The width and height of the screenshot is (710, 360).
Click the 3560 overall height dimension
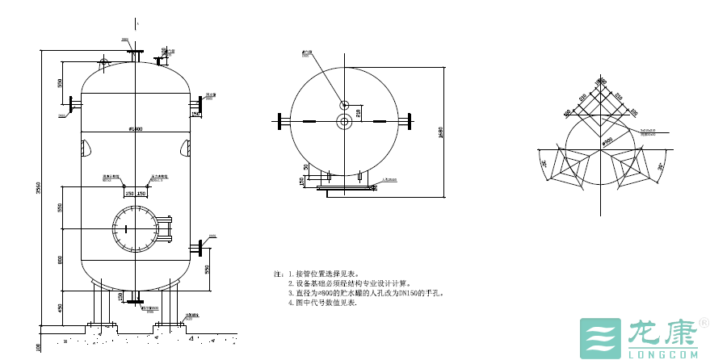pos(37,187)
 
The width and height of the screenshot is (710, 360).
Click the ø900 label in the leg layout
pos(606,141)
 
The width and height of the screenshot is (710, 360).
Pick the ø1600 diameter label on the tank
pos(136,129)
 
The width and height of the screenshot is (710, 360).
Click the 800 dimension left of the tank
pos(60,259)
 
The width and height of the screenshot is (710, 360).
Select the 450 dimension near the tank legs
pos(60,307)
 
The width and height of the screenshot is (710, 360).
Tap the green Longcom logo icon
pos(597,337)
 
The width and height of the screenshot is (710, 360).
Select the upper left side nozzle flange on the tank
pos(73,105)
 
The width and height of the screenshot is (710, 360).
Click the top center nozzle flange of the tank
pos(135,54)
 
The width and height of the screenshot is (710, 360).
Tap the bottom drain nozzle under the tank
pos(135,303)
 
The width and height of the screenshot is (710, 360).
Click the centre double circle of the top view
pos(344,121)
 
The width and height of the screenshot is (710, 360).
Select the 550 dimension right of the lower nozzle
pos(207,268)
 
